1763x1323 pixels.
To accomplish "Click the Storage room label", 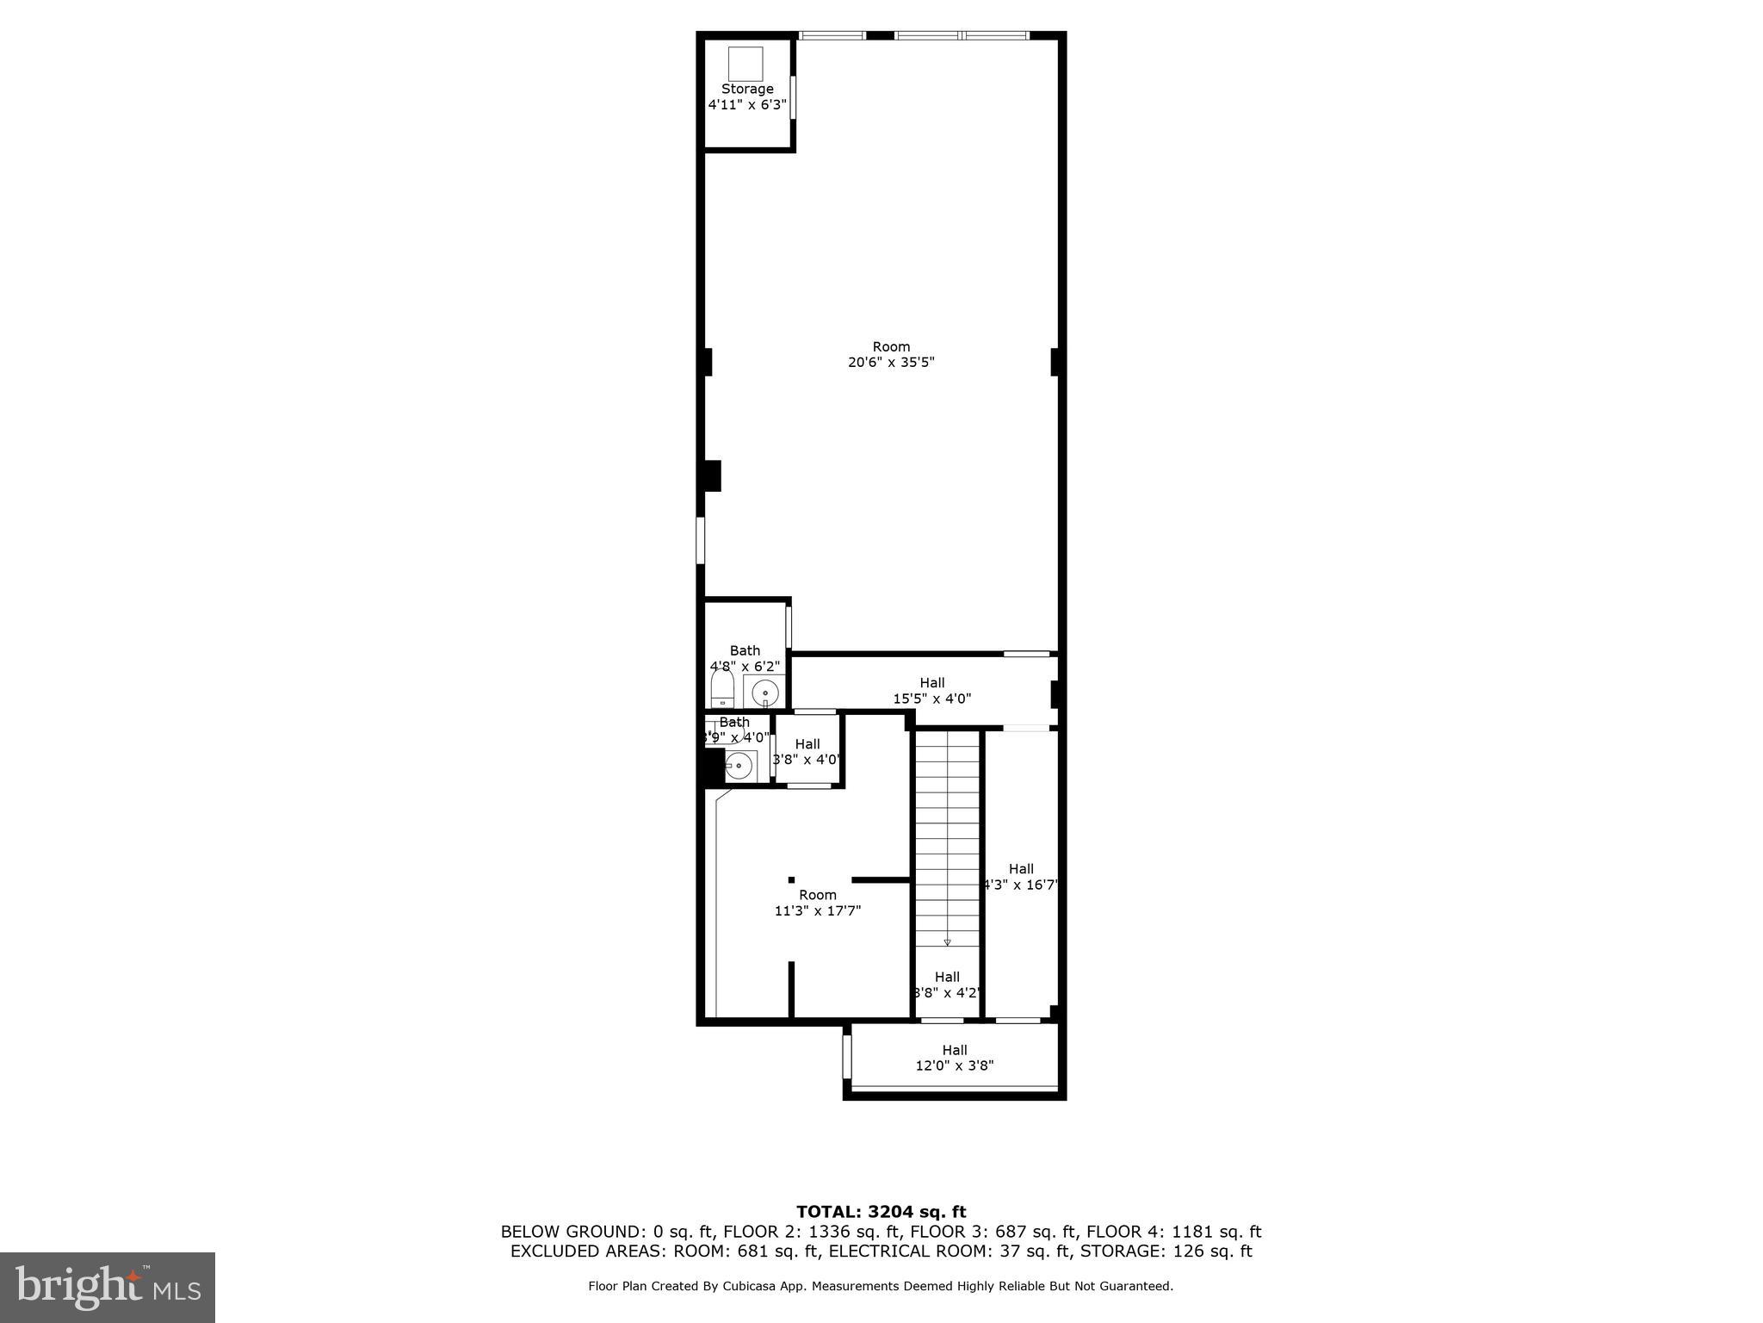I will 747,89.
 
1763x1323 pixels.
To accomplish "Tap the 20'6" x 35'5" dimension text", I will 891,363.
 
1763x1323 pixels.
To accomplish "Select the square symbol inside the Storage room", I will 745,64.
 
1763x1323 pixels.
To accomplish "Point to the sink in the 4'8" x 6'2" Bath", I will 764,693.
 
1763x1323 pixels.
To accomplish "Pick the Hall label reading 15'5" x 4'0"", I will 931,691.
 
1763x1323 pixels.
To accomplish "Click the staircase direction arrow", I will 947,941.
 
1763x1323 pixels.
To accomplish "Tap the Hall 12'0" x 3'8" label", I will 954,1058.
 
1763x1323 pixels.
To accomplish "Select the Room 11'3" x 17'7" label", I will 817,902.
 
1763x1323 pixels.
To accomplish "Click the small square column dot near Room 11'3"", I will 791,879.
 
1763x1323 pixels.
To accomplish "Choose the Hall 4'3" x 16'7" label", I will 1021,877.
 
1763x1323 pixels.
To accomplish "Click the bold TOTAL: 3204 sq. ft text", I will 881,1213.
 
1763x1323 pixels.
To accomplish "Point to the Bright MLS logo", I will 108,1287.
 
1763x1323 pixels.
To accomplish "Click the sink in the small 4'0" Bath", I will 739,764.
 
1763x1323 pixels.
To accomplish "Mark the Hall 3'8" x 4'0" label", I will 807,752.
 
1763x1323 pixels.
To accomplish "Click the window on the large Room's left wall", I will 701,540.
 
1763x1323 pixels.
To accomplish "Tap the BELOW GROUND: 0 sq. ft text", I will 608,1232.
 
